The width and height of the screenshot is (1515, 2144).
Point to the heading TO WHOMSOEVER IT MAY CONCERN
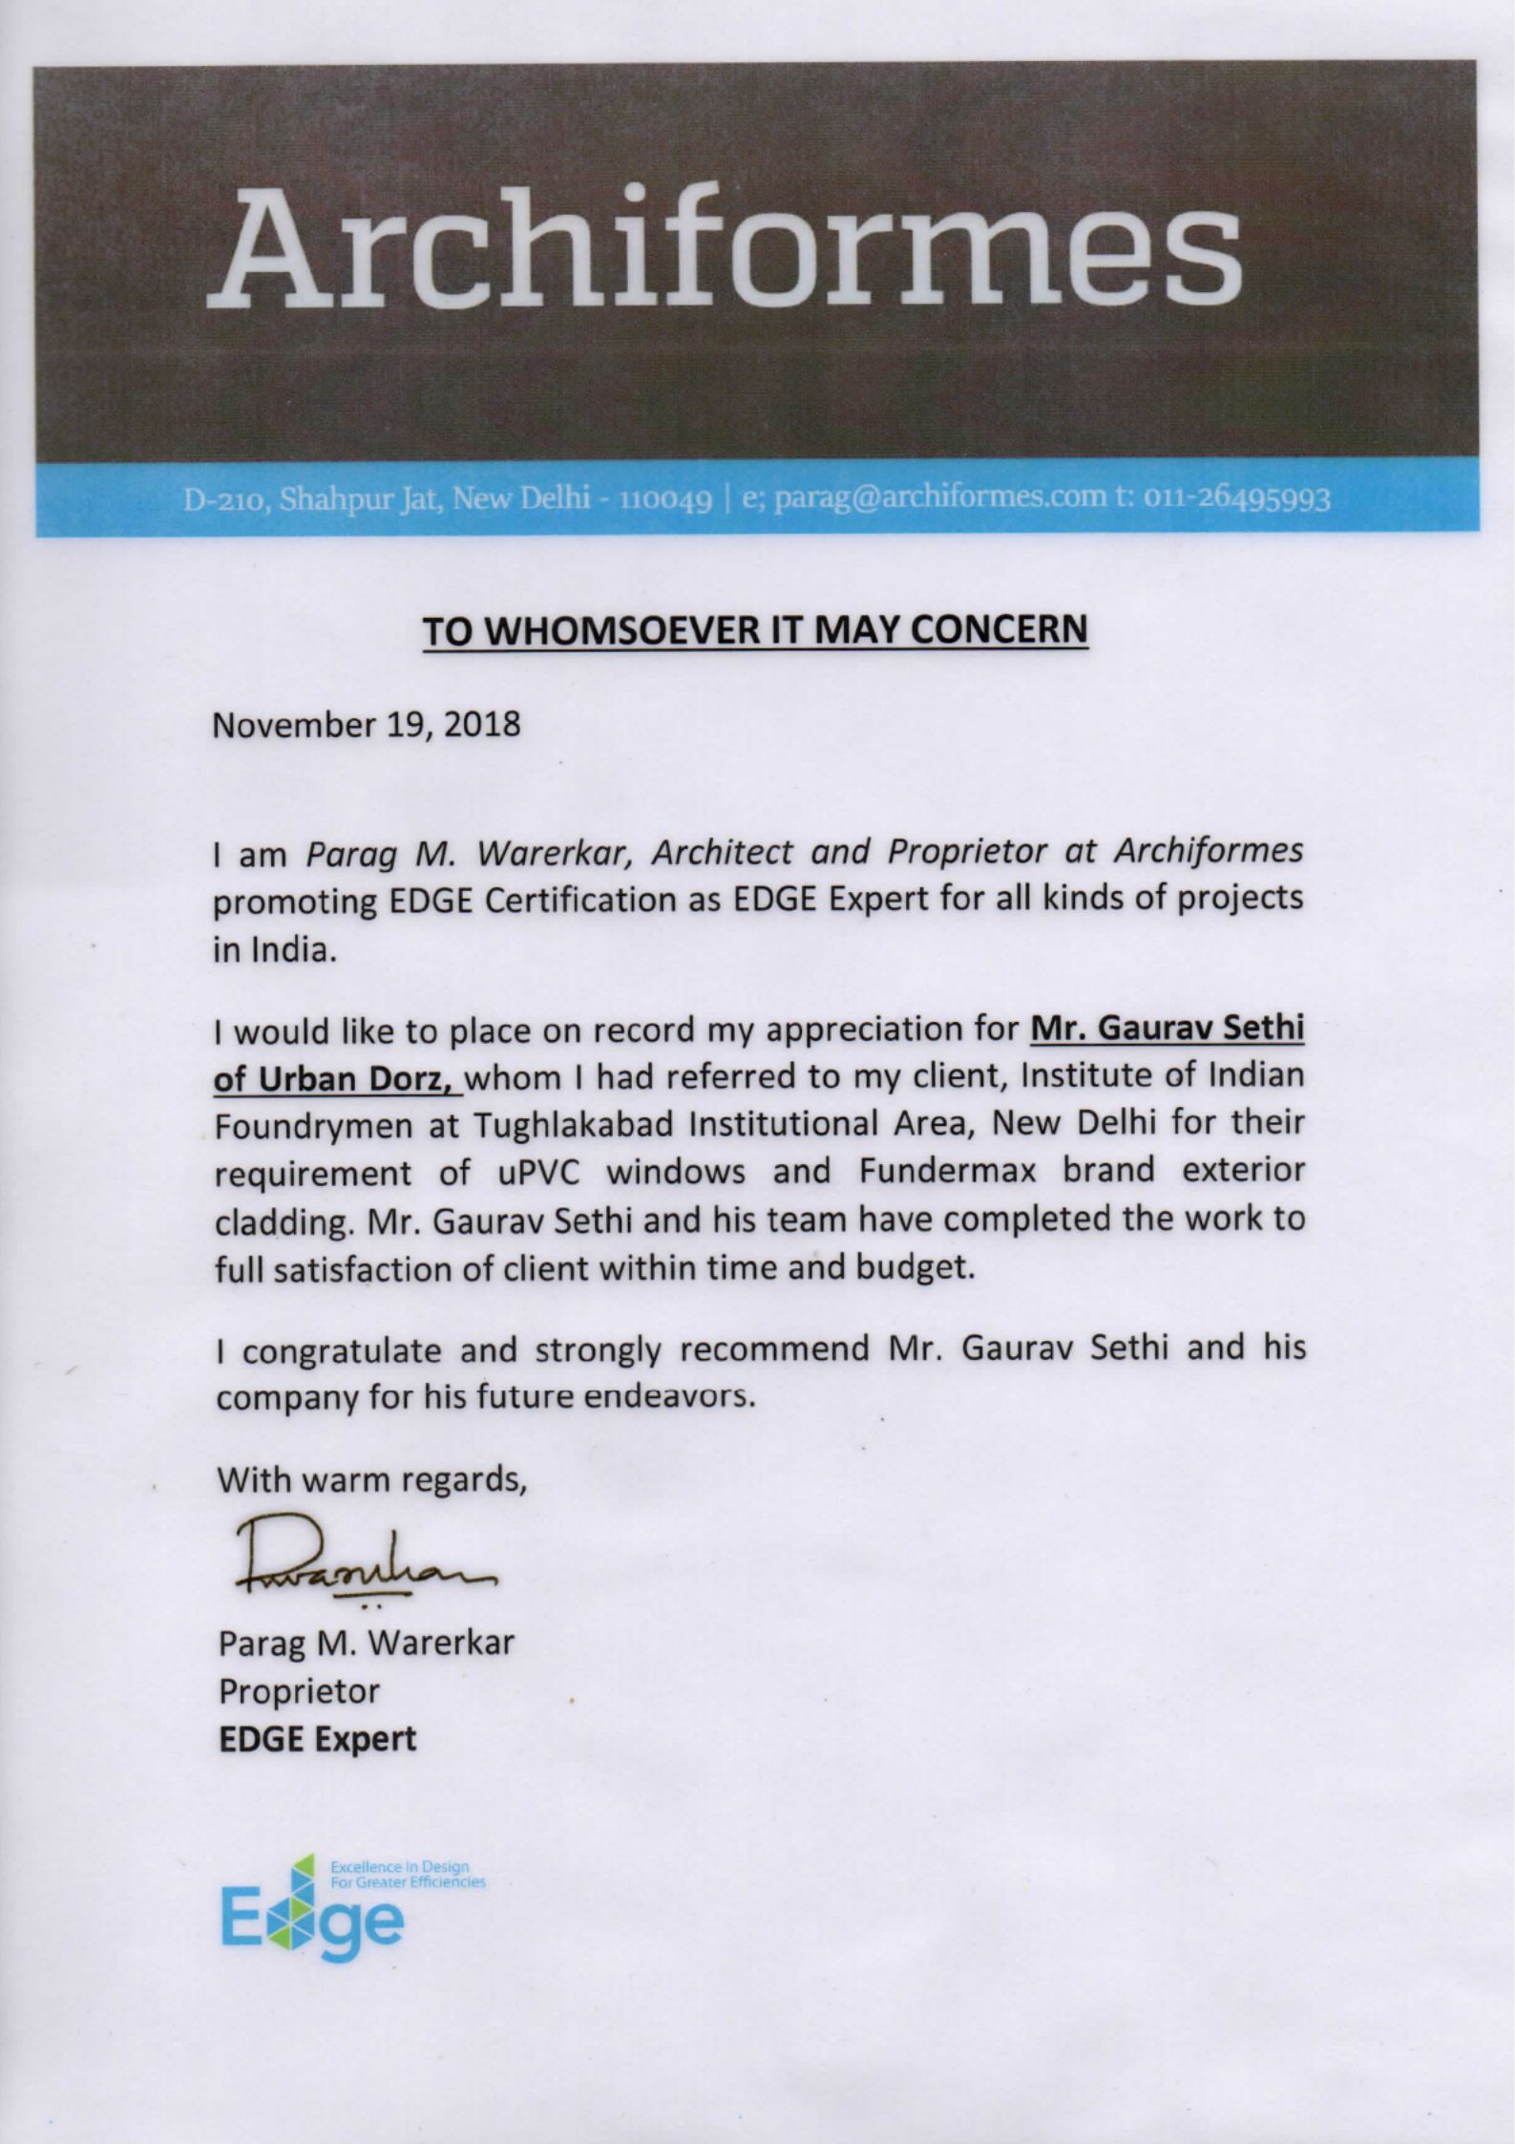pos(755,630)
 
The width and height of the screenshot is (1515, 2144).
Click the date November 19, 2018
pos(367,724)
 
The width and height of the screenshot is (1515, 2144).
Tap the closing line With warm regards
pos(371,1480)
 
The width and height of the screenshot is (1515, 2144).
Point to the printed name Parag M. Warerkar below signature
pos(367,1643)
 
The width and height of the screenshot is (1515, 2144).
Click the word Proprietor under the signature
pos(299,1691)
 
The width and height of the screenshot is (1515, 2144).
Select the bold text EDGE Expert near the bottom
pos(318,1739)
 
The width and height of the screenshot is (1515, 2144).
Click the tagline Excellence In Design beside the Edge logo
pos(399,1866)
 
